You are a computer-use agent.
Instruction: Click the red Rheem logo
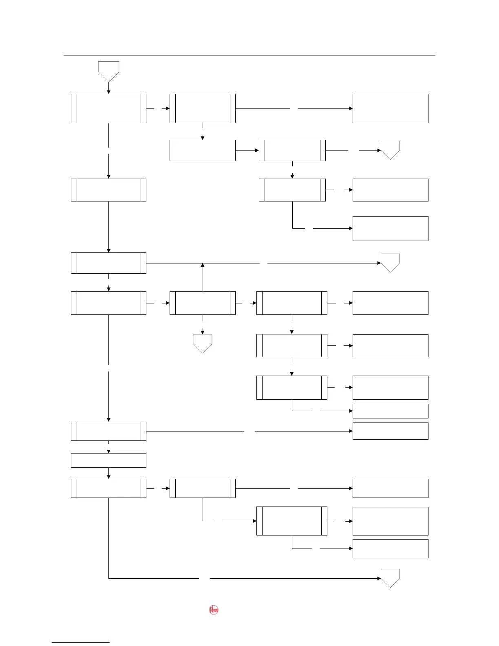(x=214, y=610)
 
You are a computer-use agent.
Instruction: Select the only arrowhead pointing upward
(x=203, y=265)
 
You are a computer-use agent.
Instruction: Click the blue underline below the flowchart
(x=80, y=642)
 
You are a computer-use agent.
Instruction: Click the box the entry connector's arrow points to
(x=108, y=108)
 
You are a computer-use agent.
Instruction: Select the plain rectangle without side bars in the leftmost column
(x=108, y=460)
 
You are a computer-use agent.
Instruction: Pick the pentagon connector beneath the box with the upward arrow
(x=203, y=343)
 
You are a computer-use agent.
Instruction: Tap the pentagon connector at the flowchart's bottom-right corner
(x=390, y=577)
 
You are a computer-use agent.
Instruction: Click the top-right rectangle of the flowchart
(x=390, y=108)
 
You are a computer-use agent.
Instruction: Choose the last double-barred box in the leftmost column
(x=108, y=488)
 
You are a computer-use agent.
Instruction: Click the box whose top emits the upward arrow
(x=203, y=303)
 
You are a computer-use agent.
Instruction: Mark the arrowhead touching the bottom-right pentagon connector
(x=379, y=578)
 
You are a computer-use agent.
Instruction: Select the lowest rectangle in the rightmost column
(x=390, y=549)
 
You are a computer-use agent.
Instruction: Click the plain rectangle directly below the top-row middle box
(x=203, y=150)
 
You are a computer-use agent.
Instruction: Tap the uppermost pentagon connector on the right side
(x=390, y=150)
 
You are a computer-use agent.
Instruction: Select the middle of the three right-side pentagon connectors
(x=390, y=262)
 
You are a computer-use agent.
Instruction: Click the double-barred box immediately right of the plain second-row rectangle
(x=292, y=150)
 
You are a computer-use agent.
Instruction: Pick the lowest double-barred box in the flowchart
(x=292, y=521)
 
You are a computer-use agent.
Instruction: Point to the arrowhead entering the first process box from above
(x=108, y=92)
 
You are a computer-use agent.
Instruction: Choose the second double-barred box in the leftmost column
(x=108, y=190)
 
